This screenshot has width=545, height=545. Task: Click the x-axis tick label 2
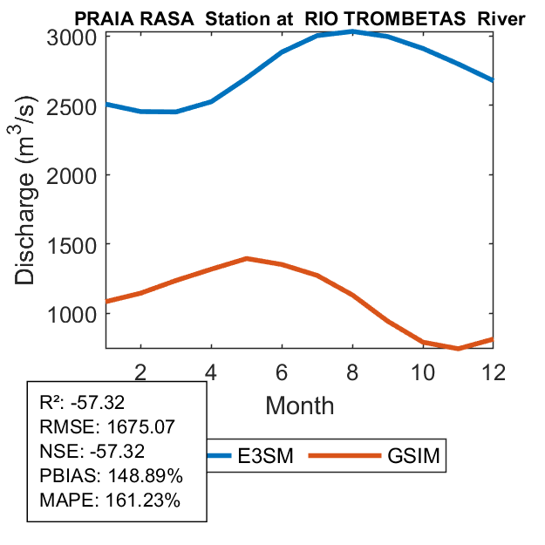[140, 371]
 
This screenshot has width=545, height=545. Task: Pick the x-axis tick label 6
[282, 371]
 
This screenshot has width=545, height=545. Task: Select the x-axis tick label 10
[423, 371]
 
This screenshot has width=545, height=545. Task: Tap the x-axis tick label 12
[494, 371]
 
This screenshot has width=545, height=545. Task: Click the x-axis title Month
[299, 405]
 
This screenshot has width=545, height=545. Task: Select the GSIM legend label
[412, 456]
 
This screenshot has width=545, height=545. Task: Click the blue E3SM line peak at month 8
[351, 31]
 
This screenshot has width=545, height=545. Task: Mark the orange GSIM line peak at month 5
[246, 258]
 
